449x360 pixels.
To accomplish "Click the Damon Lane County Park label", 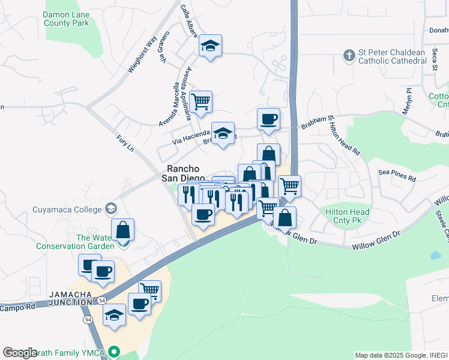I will point(66,18).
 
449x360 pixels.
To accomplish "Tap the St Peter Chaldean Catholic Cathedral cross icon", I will point(349,56).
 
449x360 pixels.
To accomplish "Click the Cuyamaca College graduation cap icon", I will point(110,209).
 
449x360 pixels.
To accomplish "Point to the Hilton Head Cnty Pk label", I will point(346,215).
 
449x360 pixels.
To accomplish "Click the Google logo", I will point(20,353).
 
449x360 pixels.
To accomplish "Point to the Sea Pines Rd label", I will point(397,175).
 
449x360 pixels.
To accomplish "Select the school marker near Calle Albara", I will point(210,46).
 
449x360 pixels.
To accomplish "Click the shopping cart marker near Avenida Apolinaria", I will point(200,101).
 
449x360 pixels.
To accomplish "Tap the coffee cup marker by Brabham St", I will point(268,118).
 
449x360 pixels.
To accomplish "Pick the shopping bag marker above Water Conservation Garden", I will point(122,230).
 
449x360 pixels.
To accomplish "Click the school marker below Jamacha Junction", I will point(114,315).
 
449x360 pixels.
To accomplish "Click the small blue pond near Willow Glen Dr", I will point(435,255).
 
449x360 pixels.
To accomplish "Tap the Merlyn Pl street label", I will point(408,98).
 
